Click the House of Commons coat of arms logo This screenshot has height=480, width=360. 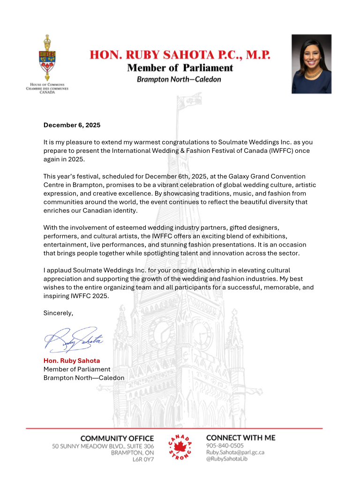coord(46,58)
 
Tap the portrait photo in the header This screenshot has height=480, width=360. coord(311,64)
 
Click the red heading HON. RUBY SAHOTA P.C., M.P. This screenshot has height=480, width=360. coord(180,55)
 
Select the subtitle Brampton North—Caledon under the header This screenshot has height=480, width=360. coord(179,79)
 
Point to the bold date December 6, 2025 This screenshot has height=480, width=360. coord(72,125)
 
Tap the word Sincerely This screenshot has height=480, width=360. coord(58,313)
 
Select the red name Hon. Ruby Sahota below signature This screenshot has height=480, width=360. coord(72,361)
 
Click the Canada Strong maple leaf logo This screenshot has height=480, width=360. coord(180,446)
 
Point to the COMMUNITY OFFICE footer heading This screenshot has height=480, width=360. coord(117,438)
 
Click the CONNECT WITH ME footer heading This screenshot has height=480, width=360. coord(240,437)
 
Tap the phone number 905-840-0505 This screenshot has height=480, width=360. coord(225,445)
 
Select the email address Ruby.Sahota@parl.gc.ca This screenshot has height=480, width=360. coord(235,452)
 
